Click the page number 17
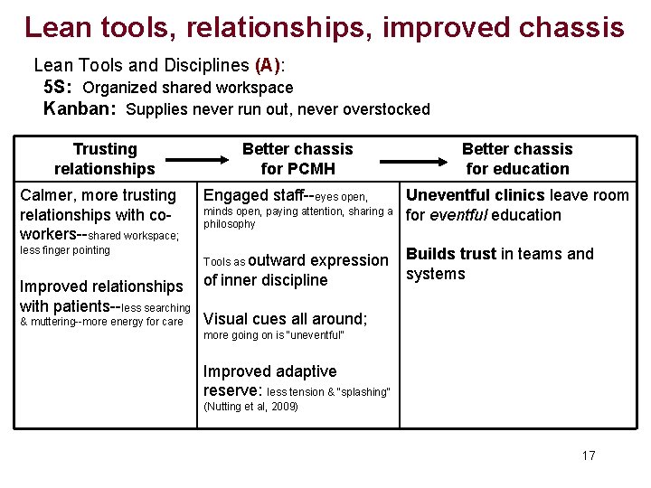pos(589,455)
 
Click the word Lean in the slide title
pos(56,27)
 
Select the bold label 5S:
pos(59,88)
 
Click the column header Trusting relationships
pos(105,159)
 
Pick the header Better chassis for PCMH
pos(297,159)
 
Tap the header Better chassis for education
pos(517,159)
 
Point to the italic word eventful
pos(459,215)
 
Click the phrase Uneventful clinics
pos(476,195)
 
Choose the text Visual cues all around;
pos(286,319)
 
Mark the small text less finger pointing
pos(65,250)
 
